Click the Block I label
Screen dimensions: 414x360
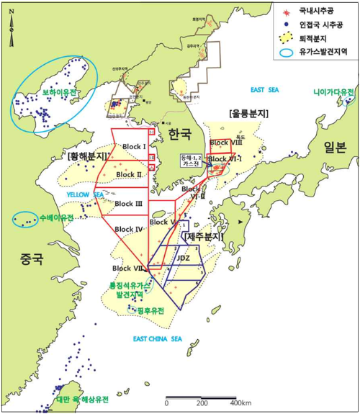point(134,146)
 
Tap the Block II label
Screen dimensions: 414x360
point(129,174)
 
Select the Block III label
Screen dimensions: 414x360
point(128,204)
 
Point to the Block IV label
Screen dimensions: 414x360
point(130,229)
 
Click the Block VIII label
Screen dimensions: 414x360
point(224,143)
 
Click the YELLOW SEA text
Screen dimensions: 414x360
point(85,194)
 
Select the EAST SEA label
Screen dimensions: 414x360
point(264,90)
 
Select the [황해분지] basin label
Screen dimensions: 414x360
point(86,156)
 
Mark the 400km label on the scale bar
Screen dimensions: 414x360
point(241,402)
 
